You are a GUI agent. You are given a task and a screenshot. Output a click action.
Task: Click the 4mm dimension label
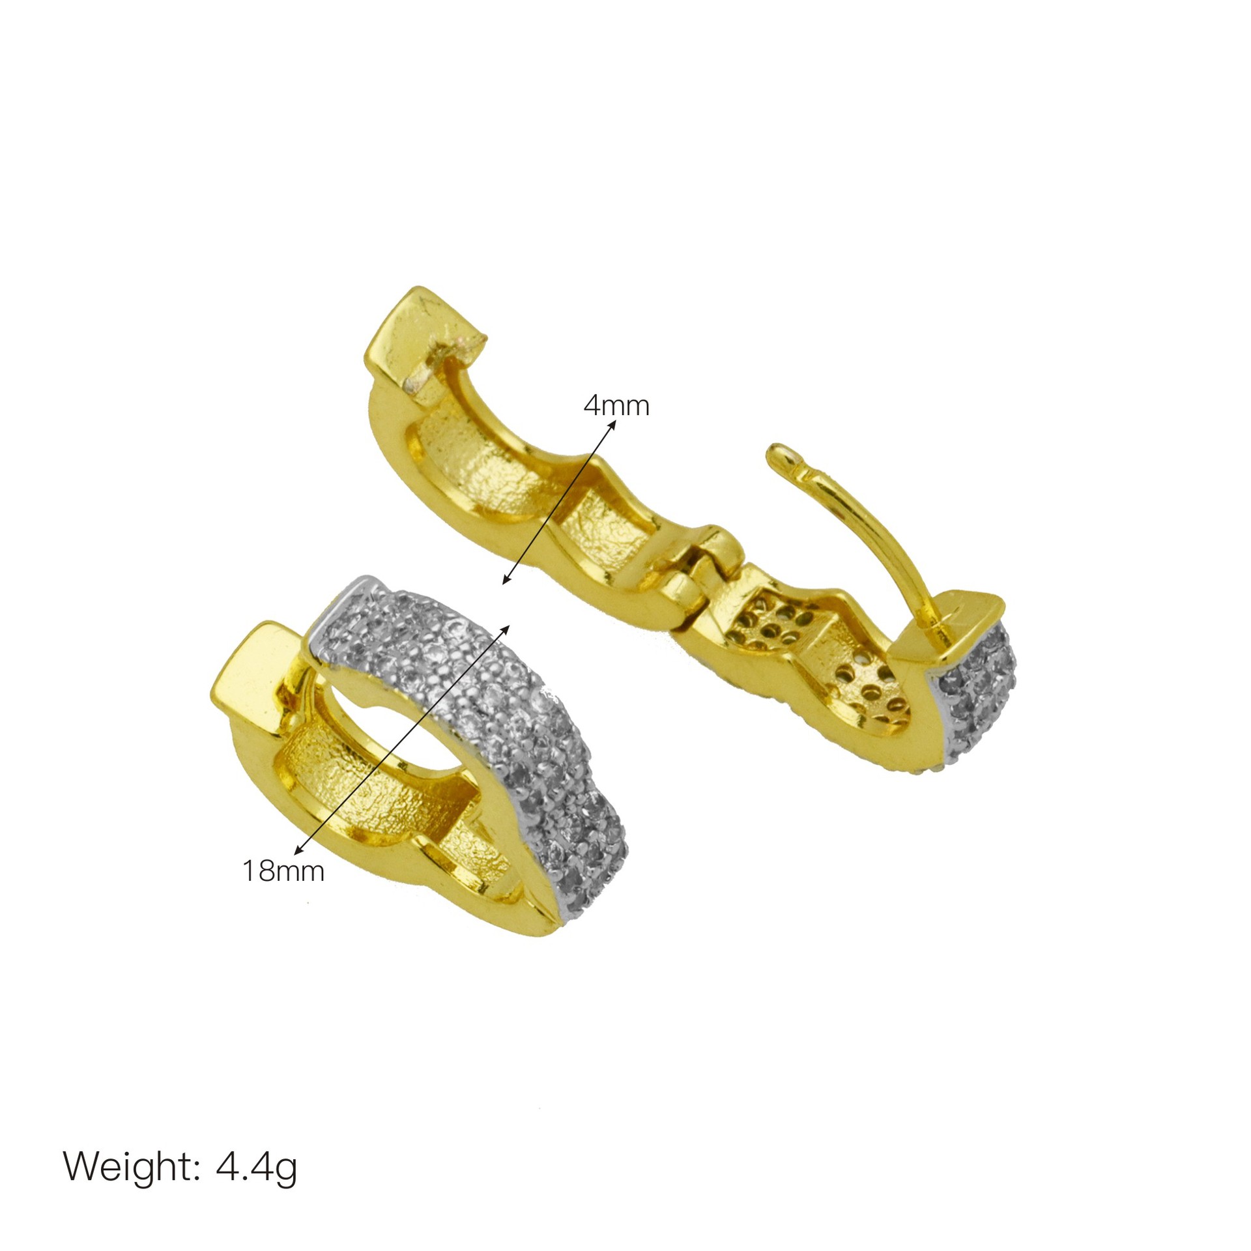click(x=616, y=406)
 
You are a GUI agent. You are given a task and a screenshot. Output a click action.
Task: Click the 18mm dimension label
click(x=283, y=870)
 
